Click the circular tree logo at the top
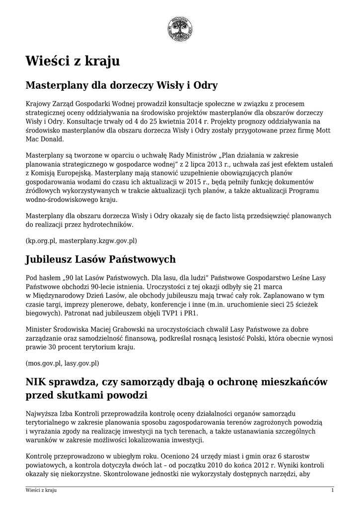180,29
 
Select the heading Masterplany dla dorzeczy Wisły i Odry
122,85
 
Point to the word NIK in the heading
37,381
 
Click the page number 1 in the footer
332,490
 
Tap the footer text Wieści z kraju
41,490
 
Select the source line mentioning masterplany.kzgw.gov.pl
81,241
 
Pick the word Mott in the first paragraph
323,130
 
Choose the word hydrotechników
110,225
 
